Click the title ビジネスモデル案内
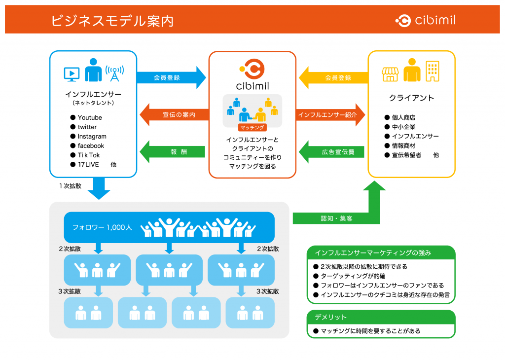pyautogui.click(x=112, y=21)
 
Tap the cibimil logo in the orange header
pyautogui.click(x=425, y=20)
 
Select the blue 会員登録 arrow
pyautogui.click(x=171, y=77)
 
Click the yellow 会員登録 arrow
pyautogui.click(x=333, y=77)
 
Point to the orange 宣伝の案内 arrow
pyautogui.click(x=174, y=114)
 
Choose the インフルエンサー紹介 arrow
pyautogui.click(x=330, y=114)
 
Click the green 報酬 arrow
pyautogui.click(x=172, y=152)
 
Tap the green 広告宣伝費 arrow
pyautogui.click(x=332, y=152)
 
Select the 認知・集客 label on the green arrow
pyautogui.click(x=336, y=218)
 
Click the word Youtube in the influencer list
pyautogui.click(x=90, y=117)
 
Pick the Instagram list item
pyautogui.click(x=92, y=136)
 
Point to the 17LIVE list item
pyautogui.click(x=88, y=165)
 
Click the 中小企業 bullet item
pyautogui.click(x=403, y=127)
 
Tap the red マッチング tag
pyautogui.click(x=252, y=128)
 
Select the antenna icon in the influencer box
pyautogui.click(x=114, y=73)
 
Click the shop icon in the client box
pyautogui.click(x=390, y=74)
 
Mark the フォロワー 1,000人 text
pyautogui.click(x=102, y=227)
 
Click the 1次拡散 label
pyautogui.click(x=70, y=186)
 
